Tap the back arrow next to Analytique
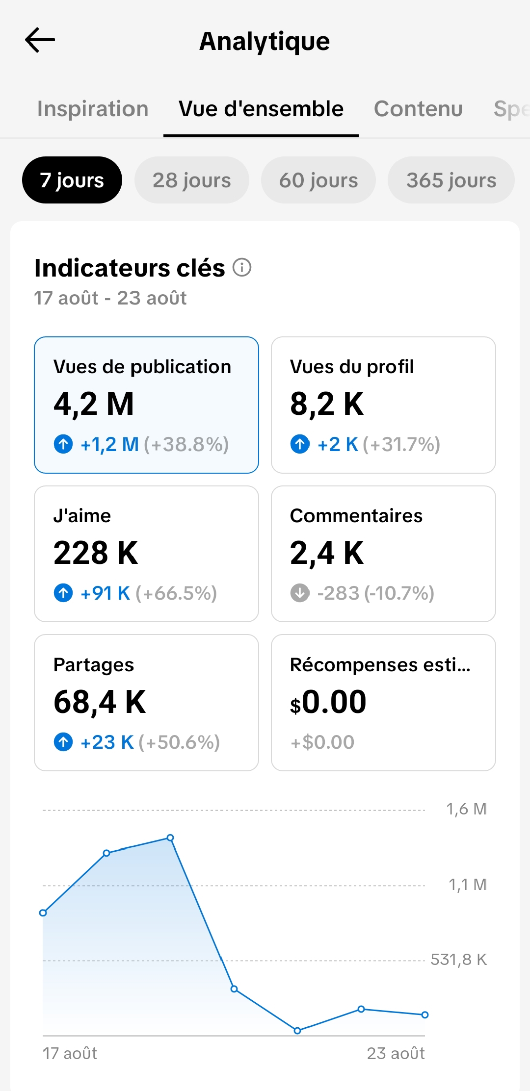pos(40,40)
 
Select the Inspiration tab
pos(93,109)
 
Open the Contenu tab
pos(418,109)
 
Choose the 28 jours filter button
pos(191,180)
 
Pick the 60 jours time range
pos(318,180)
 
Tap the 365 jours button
pos(451,180)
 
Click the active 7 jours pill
pos(72,180)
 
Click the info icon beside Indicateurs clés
pos(242,268)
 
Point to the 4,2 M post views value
pos(94,404)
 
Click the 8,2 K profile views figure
pos(327,404)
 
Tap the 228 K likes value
pos(96,553)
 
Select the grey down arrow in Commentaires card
pos(300,593)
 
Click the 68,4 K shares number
pos(100,702)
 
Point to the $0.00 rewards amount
pos(328,702)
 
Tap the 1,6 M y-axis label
pos(466,809)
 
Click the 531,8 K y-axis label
pos(459,960)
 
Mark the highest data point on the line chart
pos(170,837)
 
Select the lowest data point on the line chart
pos(297,1031)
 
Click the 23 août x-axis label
pos(396,1053)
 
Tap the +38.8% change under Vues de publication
pos(186,445)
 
